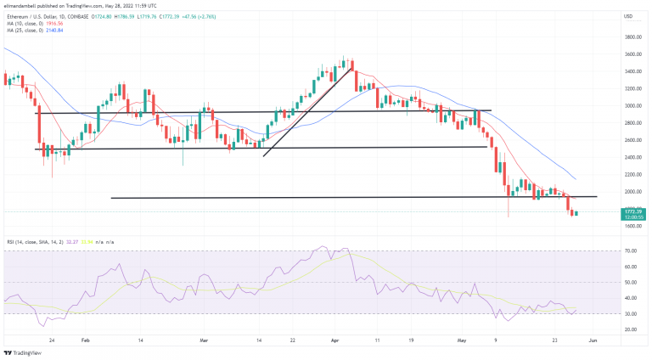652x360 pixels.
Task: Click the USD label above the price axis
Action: [x=629, y=17]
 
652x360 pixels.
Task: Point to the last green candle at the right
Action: [x=576, y=213]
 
